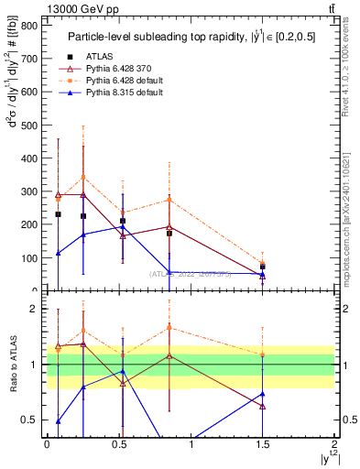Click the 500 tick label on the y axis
click(31, 125)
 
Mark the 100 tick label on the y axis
click(31, 257)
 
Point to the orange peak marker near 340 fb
click(83, 177)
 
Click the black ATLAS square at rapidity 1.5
click(263, 267)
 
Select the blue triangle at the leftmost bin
click(58, 253)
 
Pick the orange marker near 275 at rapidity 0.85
click(169, 200)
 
